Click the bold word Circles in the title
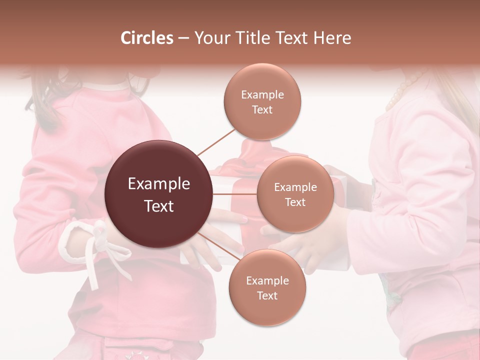(x=146, y=38)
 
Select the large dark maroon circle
(x=159, y=194)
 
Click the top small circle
(x=262, y=101)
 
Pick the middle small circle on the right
(x=295, y=194)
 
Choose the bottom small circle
(x=267, y=287)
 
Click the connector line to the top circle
(x=216, y=141)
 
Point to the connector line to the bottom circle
(x=216, y=245)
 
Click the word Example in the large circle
(x=159, y=183)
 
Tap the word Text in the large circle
(x=159, y=206)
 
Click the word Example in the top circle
(x=262, y=94)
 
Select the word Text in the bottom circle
(x=267, y=295)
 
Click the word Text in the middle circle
(x=295, y=202)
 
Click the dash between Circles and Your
(x=183, y=38)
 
